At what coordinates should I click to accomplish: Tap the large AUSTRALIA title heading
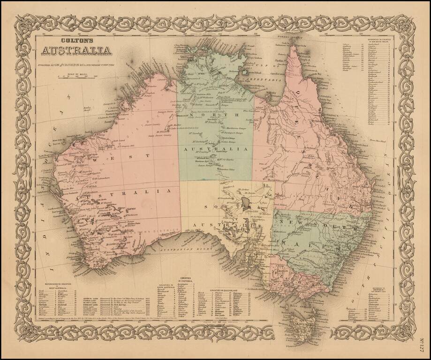76,50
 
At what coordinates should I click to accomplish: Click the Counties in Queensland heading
228,291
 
